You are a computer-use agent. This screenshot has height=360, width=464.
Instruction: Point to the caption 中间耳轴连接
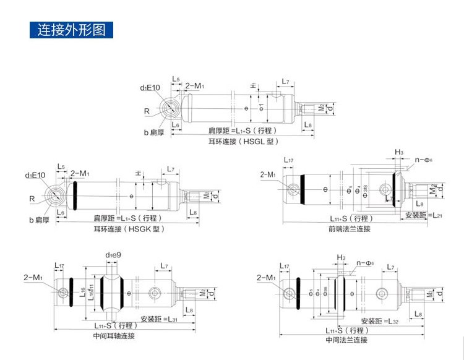[114, 336]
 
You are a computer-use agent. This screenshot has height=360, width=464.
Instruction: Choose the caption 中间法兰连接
[347, 340]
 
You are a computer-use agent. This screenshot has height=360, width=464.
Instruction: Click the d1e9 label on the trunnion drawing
[113, 255]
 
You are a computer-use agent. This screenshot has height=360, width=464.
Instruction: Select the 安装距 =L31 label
[159, 319]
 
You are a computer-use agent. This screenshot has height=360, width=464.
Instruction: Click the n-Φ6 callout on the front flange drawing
[423, 160]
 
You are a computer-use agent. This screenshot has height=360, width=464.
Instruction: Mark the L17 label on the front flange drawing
[289, 161]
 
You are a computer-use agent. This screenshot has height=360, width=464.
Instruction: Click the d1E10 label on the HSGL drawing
[150, 88]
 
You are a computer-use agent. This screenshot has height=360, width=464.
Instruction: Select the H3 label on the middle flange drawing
[341, 257]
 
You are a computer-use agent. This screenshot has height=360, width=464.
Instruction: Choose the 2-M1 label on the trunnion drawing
[33, 276]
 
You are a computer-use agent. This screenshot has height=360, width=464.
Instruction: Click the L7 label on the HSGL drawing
[285, 81]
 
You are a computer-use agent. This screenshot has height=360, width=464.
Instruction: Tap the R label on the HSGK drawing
[31, 199]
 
